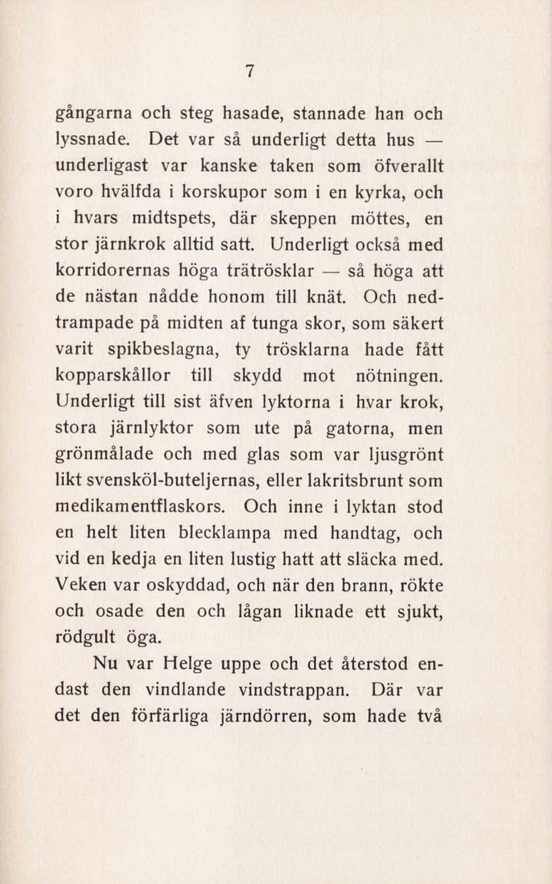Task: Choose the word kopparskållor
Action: tap(113, 376)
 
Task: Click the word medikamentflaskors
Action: tap(140, 507)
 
